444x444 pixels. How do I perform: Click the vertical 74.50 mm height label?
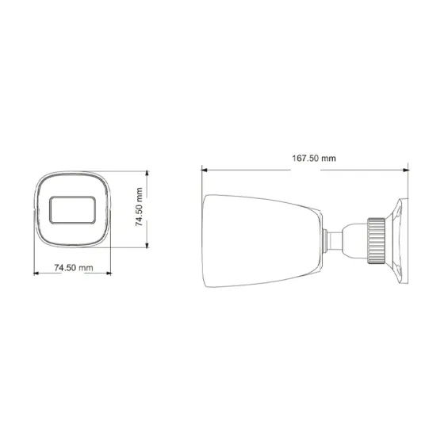[139, 207]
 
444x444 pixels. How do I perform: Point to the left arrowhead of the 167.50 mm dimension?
[205, 168]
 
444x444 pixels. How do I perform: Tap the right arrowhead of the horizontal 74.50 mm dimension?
[108, 274]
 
